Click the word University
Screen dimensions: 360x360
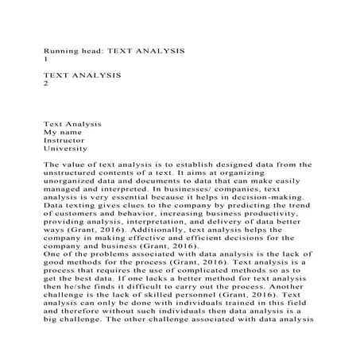click(x=67, y=148)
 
